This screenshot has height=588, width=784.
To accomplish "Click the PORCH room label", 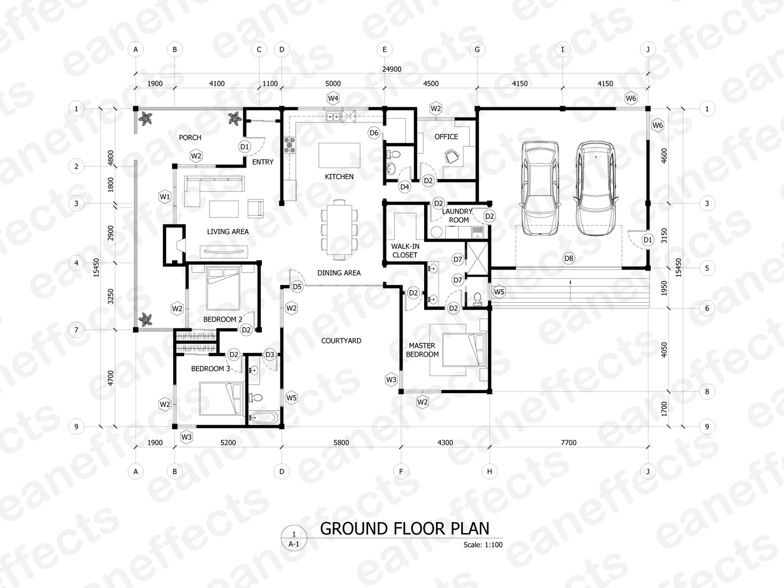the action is click(190, 137).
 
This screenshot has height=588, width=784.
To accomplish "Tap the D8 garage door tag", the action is click(568, 258).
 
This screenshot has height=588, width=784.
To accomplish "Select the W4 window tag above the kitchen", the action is click(333, 98).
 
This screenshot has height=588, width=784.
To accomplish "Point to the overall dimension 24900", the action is click(392, 69).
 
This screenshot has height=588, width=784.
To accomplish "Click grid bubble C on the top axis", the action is click(259, 50).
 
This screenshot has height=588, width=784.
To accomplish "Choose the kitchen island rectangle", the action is click(339, 155).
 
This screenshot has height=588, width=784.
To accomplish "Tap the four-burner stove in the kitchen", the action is click(290, 145).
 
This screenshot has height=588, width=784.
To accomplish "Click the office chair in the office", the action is click(452, 156).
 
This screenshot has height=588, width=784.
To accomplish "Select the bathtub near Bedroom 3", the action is click(264, 417).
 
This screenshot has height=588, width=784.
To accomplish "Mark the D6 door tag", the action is click(374, 133).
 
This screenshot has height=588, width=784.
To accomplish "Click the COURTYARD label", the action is click(341, 341).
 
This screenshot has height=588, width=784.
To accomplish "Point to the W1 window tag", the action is click(164, 197).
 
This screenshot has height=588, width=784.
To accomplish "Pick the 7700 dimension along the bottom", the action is click(568, 443).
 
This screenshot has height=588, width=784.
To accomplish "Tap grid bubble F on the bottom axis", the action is click(401, 471).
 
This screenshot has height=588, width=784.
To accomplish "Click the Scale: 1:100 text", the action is click(483, 545).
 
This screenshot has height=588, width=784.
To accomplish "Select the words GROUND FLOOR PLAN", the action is click(405, 529).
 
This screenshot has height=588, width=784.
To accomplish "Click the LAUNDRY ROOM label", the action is click(457, 216).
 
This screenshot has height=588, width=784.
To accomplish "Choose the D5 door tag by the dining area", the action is click(297, 287).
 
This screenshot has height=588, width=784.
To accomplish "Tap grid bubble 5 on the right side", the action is click(707, 268).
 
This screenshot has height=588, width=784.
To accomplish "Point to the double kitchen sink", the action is click(334, 116).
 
